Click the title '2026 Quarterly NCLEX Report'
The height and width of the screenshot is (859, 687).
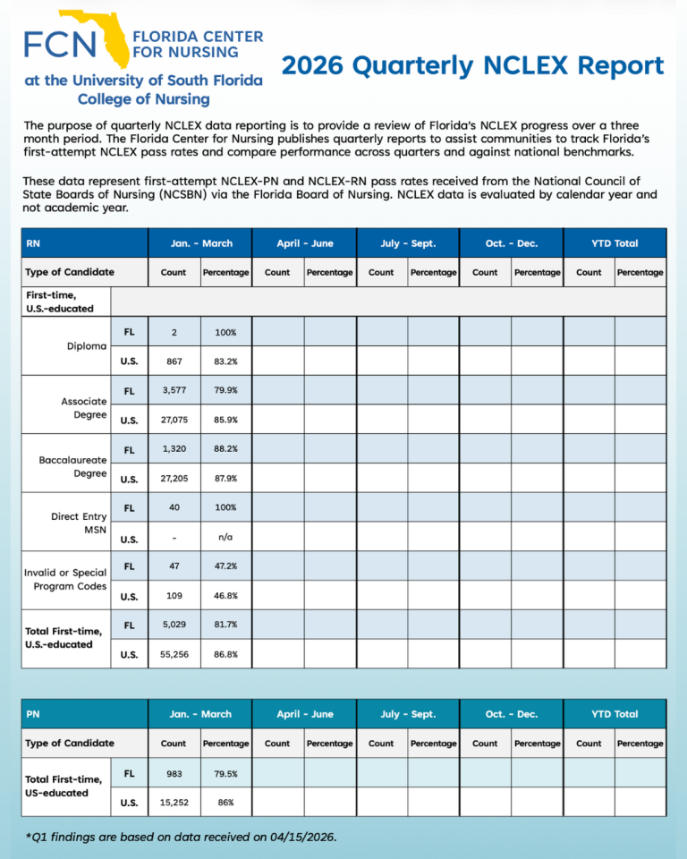point(472,65)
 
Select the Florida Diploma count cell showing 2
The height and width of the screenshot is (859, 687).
point(174,332)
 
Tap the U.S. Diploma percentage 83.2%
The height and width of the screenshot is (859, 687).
point(225,361)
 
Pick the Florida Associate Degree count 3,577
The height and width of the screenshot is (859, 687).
point(174,391)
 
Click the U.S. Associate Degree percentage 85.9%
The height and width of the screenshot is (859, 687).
point(225,420)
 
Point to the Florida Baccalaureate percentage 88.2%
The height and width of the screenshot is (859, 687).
point(225,449)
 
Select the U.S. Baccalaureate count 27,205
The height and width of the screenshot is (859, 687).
point(174,479)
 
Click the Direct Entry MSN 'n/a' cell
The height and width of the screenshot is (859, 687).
point(225,538)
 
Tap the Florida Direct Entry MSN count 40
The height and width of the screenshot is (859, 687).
point(174,507)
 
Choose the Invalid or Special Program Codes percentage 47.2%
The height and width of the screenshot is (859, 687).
point(225,566)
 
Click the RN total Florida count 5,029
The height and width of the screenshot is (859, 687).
point(174,625)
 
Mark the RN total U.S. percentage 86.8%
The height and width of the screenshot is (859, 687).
point(225,654)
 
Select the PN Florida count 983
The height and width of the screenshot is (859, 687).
point(174,773)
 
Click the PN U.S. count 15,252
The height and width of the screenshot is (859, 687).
point(174,803)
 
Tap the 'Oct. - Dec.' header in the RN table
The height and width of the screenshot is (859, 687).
point(512,243)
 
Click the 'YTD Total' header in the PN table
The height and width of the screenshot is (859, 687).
point(615,714)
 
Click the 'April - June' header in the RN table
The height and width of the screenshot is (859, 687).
point(305,243)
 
